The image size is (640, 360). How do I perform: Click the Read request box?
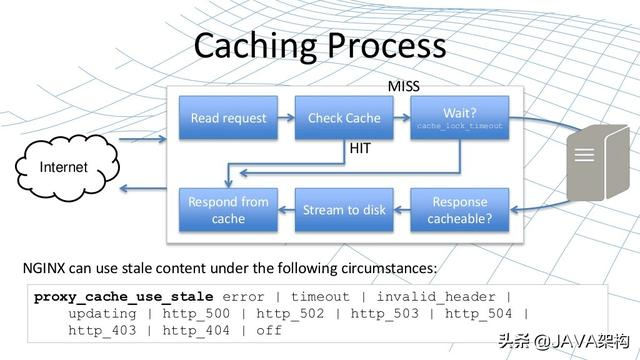pos(229,119)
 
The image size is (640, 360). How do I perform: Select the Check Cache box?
pos(344,119)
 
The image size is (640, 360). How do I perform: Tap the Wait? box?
pos(460,119)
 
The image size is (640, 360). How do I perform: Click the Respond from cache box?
pos(229,210)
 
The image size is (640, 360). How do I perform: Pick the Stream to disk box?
pos(344,210)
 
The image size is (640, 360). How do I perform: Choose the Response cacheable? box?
pos(460,210)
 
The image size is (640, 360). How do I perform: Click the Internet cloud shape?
pos(63,166)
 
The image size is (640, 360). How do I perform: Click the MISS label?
pos(404,87)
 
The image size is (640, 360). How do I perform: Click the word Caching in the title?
pos(256,46)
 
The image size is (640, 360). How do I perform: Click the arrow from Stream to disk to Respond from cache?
pos(286,210)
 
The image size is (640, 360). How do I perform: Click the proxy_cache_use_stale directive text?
pos(124,297)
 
